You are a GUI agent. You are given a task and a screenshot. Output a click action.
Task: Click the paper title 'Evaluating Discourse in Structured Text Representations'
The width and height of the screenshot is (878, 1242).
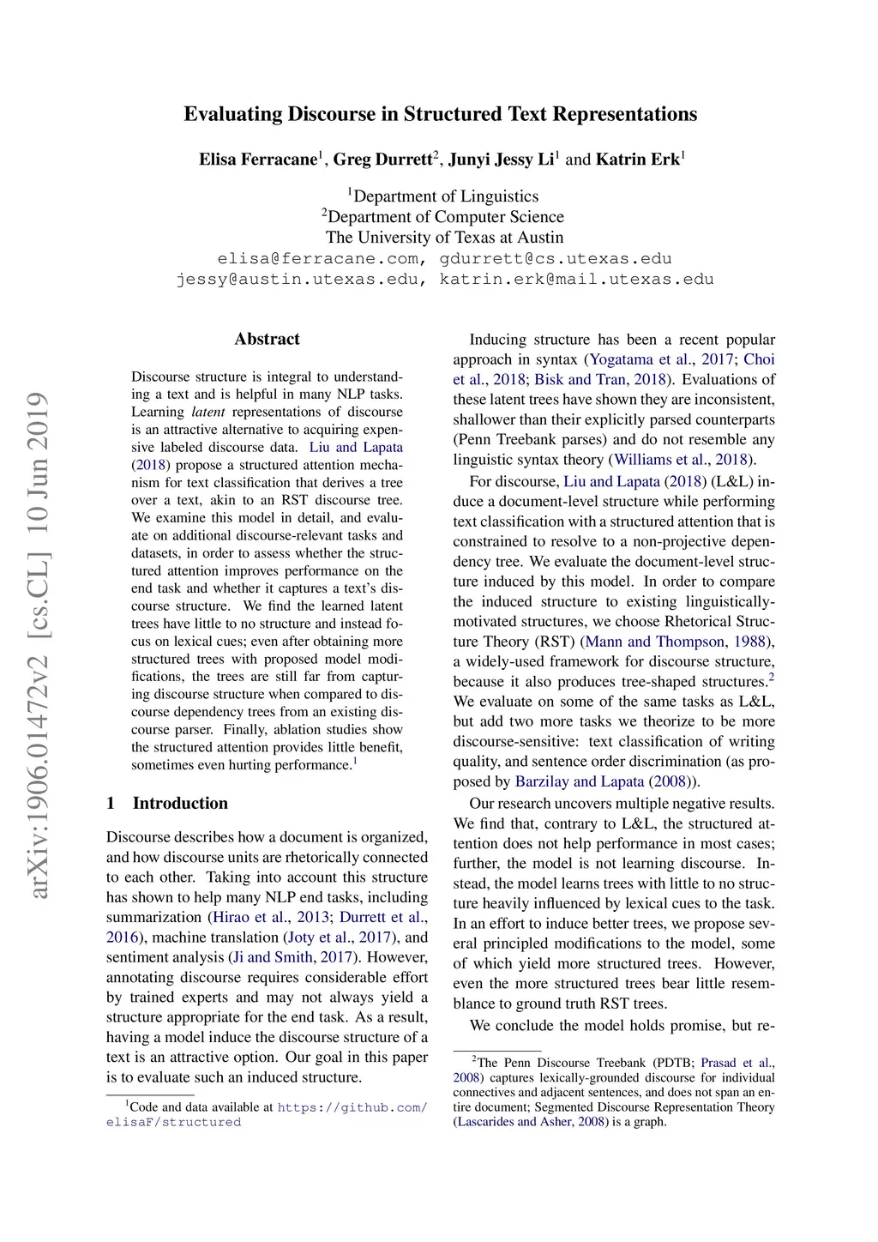click(x=440, y=114)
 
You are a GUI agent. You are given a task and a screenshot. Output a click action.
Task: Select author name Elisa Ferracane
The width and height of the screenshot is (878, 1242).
click(x=258, y=160)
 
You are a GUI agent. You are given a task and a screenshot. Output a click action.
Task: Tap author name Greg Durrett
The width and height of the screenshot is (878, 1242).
click(x=382, y=160)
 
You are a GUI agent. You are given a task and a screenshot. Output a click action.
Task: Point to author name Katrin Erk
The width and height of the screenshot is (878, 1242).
click(x=637, y=160)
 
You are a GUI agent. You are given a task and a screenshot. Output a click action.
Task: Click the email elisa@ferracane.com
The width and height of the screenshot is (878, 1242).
click(x=319, y=258)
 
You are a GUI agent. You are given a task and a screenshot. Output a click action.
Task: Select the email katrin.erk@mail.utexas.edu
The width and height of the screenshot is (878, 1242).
click(x=576, y=279)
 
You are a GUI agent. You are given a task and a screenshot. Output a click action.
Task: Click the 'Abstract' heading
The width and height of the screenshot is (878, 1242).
click(x=267, y=339)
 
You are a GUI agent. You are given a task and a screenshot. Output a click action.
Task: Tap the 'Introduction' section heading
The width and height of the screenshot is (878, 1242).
click(x=180, y=803)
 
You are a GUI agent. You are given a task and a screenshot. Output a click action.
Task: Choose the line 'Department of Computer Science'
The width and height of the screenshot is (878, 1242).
click(x=445, y=217)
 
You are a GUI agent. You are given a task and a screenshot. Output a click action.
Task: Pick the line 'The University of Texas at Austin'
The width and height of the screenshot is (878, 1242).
click(x=444, y=238)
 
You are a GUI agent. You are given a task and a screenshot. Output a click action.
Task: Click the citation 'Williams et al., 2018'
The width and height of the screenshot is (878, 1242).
click(x=681, y=460)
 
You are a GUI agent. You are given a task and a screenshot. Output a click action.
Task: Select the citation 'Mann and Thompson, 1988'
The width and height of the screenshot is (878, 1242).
click(x=677, y=642)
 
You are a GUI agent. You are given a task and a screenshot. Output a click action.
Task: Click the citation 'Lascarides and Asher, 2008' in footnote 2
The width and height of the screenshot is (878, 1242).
click(x=530, y=1121)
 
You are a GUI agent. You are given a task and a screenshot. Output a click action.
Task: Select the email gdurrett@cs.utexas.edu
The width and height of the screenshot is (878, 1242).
click(x=556, y=258)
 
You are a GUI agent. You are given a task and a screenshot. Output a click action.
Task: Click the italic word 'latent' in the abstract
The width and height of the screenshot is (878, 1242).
click(x=208, y=412)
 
